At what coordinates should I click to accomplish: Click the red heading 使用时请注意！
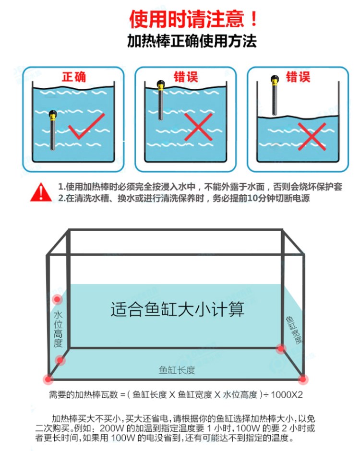pyautogui.click(x=194, y=19)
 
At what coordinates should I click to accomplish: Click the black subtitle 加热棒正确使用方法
pyautogui.click(x=192, y=41)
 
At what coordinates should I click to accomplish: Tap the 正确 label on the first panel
pyautogui.click(x=74, y=77)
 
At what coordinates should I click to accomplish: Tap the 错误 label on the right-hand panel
pyautogui.click(x=298, y=77)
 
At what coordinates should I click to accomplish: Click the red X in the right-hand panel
pyautogui.click(x=312, y=136)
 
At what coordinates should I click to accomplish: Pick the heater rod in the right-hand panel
pyautogui.click(x=275, y=96)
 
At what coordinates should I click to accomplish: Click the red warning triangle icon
pyautogui.click(x=41, y=192)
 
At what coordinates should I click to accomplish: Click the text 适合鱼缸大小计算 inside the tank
pyautogui.click(x=177, y=309)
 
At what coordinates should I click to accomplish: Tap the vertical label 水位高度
pyautogui.click(x=58, y=329)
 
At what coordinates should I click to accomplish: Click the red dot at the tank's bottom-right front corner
pyautogui.click(x=302, y=379)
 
